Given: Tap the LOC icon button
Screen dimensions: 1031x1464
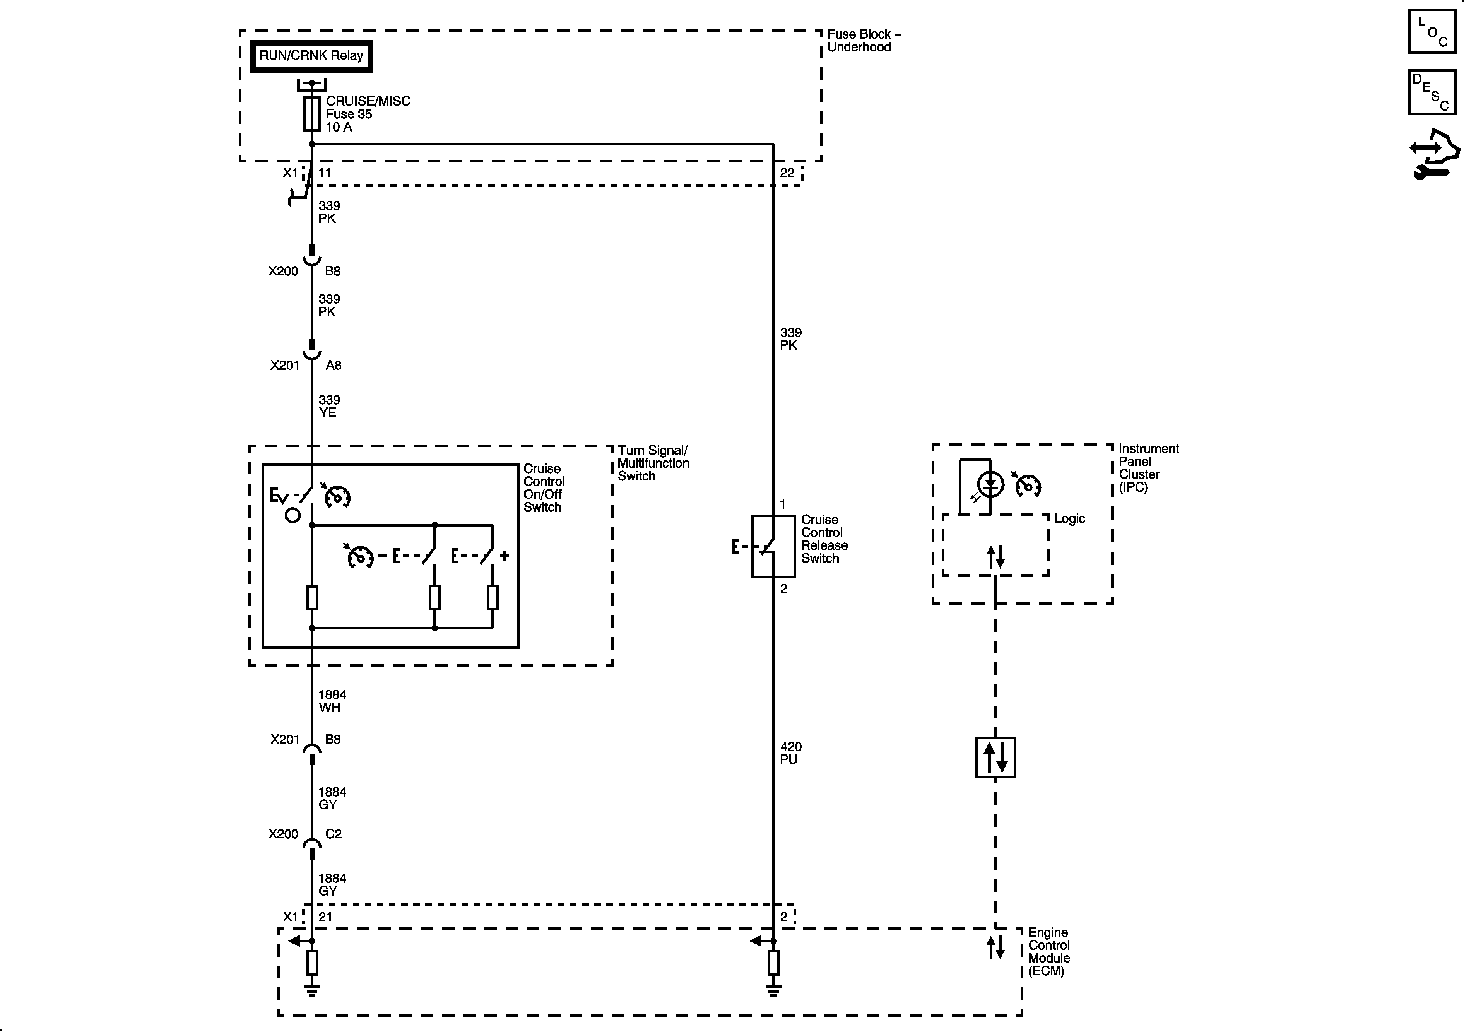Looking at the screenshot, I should point(1432,31).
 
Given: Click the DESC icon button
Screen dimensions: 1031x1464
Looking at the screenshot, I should point(1432,92).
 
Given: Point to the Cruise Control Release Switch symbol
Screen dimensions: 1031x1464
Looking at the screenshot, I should point(773,546).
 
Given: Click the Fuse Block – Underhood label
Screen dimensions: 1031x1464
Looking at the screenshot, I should point(864,41).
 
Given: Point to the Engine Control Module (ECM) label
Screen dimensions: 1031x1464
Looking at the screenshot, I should point(1049,952).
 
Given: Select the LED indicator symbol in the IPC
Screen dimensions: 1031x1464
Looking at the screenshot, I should point(990,485).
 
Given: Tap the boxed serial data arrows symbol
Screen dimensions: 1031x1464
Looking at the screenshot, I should point(995,757).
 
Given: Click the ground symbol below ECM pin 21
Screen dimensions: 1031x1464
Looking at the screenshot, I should point(312,990).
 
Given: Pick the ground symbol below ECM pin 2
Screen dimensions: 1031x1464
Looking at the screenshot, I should point(773,990).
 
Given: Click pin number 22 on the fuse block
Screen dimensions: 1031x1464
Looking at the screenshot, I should point(787,173).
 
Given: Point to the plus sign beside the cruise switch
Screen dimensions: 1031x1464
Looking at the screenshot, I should point(505,556).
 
